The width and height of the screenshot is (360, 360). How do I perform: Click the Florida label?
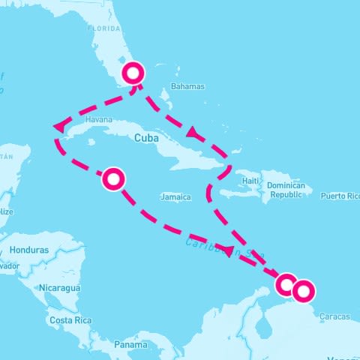tap(103, 28)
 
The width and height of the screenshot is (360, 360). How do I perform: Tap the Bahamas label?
tap(187, 86)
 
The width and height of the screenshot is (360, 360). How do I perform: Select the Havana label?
tap(99, 119)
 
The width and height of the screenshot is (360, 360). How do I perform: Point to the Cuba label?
tap(146, 138)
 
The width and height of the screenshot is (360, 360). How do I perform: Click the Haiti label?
tap(250, 181)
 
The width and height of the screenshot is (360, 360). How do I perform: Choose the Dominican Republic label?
tap(290, 190)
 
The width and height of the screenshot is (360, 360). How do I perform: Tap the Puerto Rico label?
tap(340, 196)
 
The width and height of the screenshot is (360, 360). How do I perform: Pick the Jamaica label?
tap(175, 197)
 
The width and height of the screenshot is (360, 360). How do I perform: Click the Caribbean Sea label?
tap(225, 245)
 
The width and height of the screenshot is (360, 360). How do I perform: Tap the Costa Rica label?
tap(70, 320)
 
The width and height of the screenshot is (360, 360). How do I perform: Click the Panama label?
tap(130, 345)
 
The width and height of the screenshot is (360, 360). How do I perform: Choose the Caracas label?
tap(334, 316)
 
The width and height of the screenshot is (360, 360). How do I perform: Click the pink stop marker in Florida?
tap(133, 73)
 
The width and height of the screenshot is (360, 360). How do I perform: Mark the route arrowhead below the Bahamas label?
tap(193, 133)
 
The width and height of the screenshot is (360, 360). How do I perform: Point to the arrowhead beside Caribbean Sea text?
tap(229, 252)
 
